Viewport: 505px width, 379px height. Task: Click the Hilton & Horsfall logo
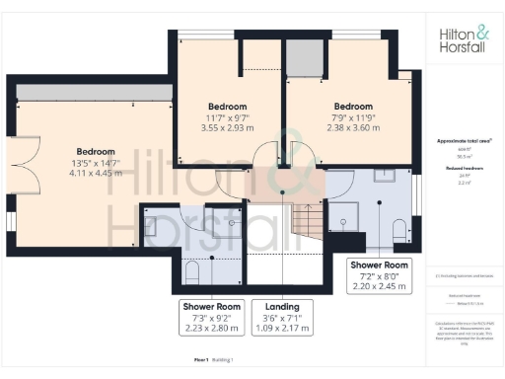click(464, 41)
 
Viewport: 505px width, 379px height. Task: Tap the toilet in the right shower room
click(397, 229)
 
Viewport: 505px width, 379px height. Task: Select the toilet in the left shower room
click(192, 269)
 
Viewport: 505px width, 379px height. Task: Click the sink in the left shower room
click(151, 225)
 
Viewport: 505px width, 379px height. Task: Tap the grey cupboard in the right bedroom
click(299, 54)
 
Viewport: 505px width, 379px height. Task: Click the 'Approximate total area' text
click(464, 142)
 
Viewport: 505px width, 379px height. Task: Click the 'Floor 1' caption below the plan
click(202, 361)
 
